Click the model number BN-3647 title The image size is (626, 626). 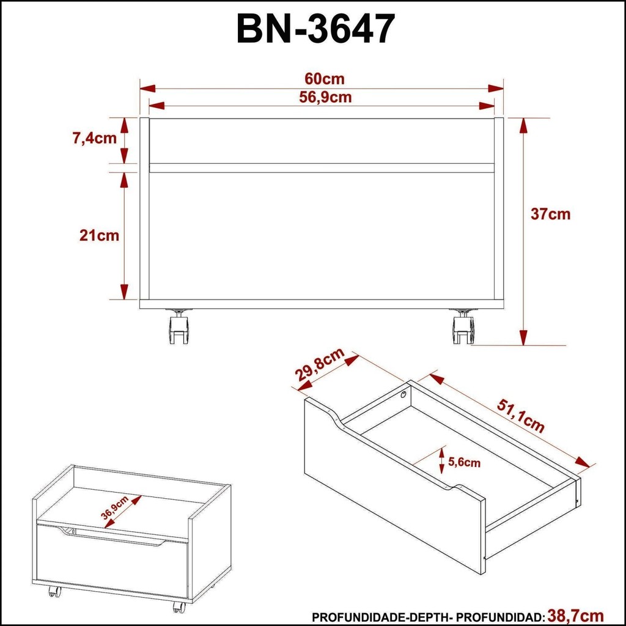click(316, 29)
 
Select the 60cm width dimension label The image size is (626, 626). click(324, 79)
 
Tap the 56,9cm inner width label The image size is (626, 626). click(325, 97)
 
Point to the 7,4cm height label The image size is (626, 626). click(95, 138)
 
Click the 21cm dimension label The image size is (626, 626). click(99, 235)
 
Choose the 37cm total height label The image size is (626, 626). click(550, 214)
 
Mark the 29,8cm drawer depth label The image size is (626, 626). click(320, 364)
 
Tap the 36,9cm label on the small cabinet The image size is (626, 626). click(114, 507)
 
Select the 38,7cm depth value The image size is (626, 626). click(575, 615)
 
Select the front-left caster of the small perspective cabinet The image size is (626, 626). click(53, 591)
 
